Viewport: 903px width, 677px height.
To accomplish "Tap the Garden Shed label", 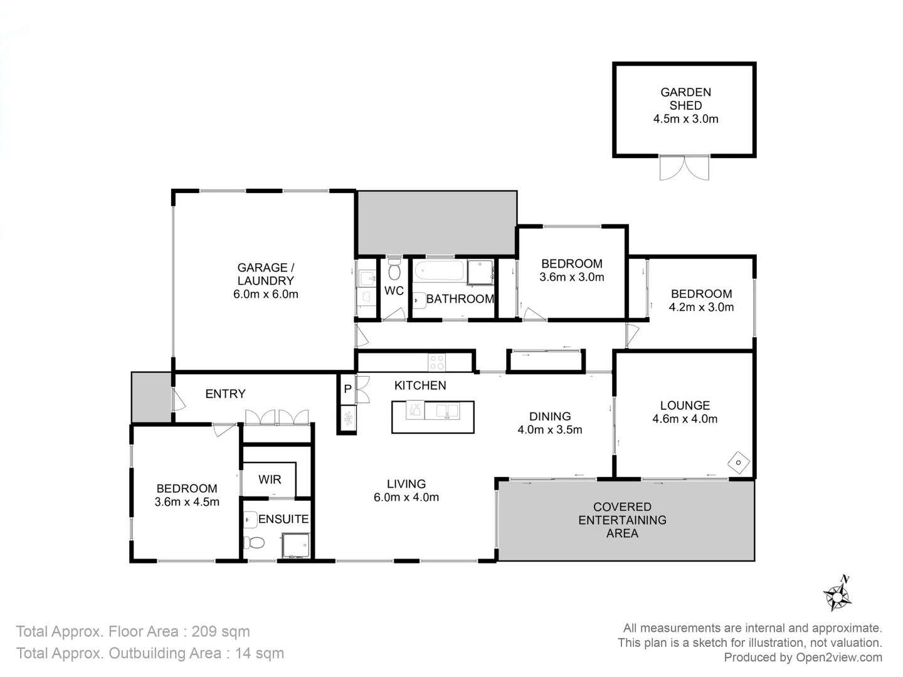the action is pyautogui.click(x=685, y=98).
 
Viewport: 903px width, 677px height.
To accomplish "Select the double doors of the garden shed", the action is pyautogui.click(x=684, y=168).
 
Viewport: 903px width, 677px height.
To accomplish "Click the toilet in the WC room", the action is pyautogui.click(x=394, y=268).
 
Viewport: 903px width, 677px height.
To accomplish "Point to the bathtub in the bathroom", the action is pyautogui.click(x=440, y=271).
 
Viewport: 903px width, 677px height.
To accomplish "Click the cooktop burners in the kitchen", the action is pyautogui.click(x=436, y=362).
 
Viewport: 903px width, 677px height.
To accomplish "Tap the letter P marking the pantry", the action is pyautogui.click(x=347, y=389).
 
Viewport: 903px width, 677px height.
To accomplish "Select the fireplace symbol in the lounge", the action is pyautogui.click(x=739, y=463).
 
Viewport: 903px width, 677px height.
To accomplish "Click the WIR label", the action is pyautogui.click(x=270, y=480).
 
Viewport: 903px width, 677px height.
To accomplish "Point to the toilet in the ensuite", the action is pyautogui.click(x=253, y=543).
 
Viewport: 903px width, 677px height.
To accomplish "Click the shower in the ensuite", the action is pyautogui.click(x=295, y=545).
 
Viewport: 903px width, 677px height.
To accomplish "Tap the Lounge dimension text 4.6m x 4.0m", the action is pyautogui.click(x=685, y=419).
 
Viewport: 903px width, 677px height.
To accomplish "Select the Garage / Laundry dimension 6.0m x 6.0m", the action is pyautogui.click(x=266, y=295).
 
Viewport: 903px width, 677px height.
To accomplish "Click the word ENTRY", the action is pyautogui.click(x=226, y=394).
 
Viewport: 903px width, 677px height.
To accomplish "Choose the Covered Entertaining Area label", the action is pyautogui.click(x=623, y=520).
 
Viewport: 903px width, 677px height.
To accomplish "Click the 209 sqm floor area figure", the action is pyautogui.click(x=221, y=631).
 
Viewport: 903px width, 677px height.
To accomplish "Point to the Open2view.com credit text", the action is pyautogui.click(x=839, y=658).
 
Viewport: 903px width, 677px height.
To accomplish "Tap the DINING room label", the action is pyautogui.click(x=550, y=416).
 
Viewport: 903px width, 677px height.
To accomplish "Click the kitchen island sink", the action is pyautogui.click(x=442, y=411).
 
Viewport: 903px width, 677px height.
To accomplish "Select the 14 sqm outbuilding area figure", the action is pyautogui.click(x=259, y=654).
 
